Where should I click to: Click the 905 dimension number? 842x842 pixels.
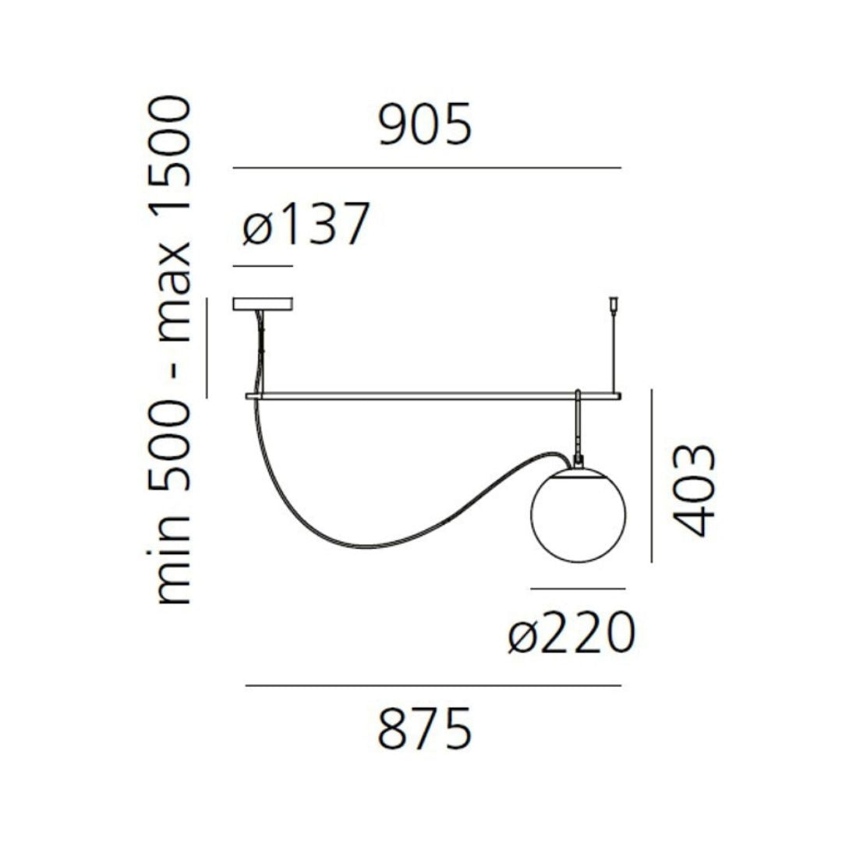pos(426,126)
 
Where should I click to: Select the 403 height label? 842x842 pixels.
pos(692,490)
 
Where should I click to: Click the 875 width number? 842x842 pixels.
pos(426,729)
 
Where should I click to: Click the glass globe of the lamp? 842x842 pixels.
pos(578,514)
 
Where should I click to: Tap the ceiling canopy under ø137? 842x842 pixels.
pos(262,304)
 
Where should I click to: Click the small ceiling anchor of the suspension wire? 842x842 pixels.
pos(614,301)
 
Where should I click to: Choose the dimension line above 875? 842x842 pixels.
pos(433,686)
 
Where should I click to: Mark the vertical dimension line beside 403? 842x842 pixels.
pos(651,476)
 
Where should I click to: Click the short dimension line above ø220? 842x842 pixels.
pos(578,589)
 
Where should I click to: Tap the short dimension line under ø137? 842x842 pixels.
pos(263,267)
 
